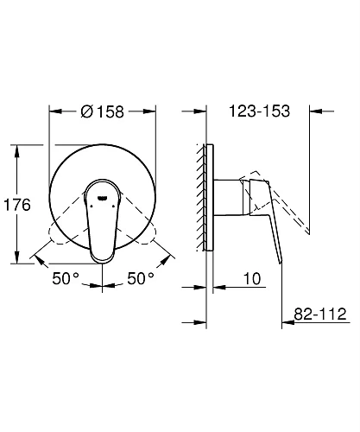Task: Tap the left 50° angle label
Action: (x=66, y=278)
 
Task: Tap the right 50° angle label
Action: (x=141, y=278)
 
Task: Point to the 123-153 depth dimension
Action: (x=260, y=111)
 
